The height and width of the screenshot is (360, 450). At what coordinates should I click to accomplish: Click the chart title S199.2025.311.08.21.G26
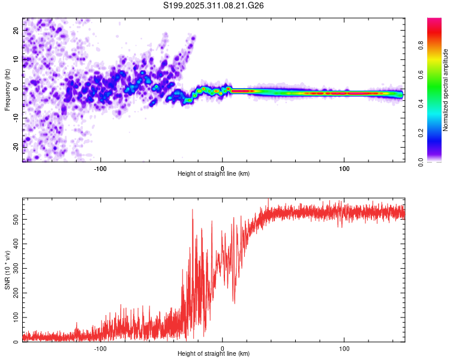click(214, 5)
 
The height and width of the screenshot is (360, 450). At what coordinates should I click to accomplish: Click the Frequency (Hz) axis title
click(7, 89)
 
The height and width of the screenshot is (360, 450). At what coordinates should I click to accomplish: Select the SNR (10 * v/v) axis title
click(7, 270)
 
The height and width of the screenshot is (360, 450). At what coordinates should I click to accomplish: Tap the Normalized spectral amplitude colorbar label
click(446, 90)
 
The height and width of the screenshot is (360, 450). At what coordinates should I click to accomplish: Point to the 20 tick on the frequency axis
click(16, 29)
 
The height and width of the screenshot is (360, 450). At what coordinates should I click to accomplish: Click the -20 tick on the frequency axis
click(16, 146)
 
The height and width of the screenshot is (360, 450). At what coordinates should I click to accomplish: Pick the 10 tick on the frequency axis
click(16, 59)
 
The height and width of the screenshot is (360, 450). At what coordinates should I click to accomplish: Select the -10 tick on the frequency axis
click(16, 118)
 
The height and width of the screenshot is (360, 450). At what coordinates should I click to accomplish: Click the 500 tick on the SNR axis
click(16, 220)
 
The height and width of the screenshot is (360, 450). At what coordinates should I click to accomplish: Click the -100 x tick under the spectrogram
click(100, 168)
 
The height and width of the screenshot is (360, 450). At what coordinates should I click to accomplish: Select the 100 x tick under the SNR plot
click(344, 348)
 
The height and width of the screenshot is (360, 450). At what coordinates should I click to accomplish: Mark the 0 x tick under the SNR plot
click(223, 348)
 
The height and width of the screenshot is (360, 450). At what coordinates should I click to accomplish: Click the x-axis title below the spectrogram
click(214, 174)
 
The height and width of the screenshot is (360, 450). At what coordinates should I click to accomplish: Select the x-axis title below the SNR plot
click(214, 355)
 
